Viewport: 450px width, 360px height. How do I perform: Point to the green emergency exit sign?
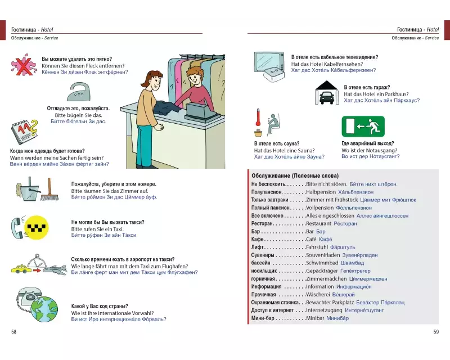pos(362,127)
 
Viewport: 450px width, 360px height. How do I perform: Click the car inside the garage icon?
pos(326,97)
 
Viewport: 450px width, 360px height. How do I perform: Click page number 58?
pos(14,332)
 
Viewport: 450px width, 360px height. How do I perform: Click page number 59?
pos(435,332)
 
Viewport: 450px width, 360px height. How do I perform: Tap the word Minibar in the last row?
pos(315,318)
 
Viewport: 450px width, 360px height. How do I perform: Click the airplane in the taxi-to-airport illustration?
pos(55,269)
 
